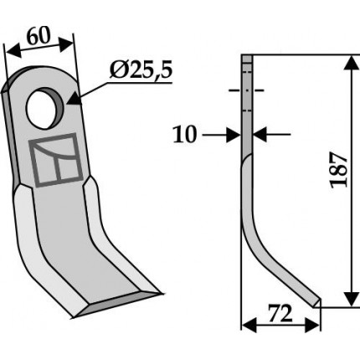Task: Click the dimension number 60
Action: click(x=39, y=37)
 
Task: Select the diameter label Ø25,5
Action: click(x=141, y=70)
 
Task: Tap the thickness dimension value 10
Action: click(x=185, y=135)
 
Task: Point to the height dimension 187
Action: click(x=339, y=170)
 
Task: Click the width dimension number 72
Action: click(x=280, y=313)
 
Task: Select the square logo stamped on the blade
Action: click(x=56, y=160)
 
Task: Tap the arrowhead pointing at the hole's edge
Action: click(x=74, y=98)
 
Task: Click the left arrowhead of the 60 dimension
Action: click(x=13, y=51)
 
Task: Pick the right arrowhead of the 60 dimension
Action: click(x=66, y=43)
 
